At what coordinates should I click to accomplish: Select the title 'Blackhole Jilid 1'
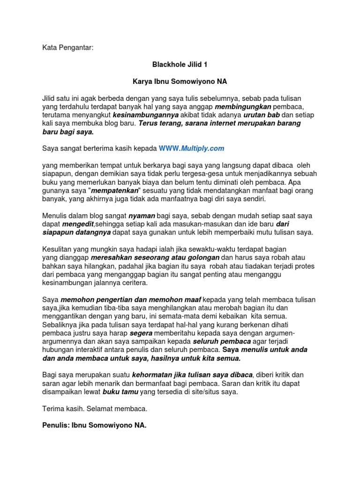[180, 65]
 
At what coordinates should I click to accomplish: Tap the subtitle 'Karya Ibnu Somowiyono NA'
[180, 81]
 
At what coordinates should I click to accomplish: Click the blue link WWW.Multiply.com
[191, 148]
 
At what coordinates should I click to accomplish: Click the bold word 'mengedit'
[71, 224]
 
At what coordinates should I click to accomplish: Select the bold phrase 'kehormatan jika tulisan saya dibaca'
[193, 375]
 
